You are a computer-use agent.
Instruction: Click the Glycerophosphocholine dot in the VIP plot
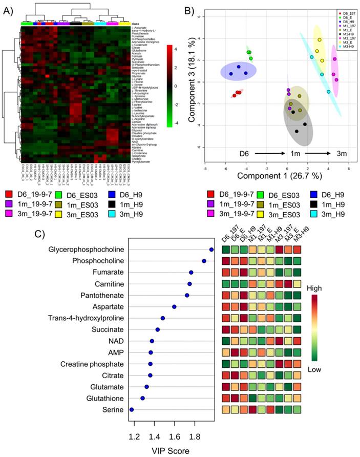(211, 250)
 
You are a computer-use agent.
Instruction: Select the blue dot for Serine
(132, 409)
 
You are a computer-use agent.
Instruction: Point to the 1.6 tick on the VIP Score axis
(175, 438)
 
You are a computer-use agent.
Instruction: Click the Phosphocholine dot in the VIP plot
(204, 261)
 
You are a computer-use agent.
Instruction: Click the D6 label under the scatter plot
(247, 153)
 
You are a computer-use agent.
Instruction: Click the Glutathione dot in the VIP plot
(142, 398)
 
